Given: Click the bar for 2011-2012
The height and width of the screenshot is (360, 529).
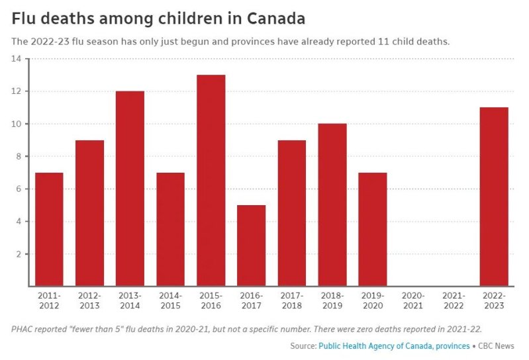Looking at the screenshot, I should [x=49, y=229].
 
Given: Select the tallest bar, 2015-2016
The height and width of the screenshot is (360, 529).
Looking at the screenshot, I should [x=211, y=180].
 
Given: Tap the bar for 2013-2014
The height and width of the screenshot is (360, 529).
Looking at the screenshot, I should [x=130, y=189].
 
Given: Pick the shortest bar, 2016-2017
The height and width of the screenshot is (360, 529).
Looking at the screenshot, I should [x=251, y=246].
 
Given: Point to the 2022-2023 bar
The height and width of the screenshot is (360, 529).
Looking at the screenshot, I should [x=494, y=197].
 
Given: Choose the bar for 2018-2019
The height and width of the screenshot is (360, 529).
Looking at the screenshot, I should [x=332, y=204].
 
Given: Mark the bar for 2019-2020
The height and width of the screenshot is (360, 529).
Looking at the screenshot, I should [x=373, y=229].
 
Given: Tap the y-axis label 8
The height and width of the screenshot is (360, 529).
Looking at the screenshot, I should [x=19, y=156].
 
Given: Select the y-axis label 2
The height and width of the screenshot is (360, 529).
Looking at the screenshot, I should [x=19, y=254].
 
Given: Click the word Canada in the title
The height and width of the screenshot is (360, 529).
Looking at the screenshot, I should [x=273, y=18].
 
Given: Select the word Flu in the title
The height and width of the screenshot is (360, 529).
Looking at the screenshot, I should [x=24, y=18].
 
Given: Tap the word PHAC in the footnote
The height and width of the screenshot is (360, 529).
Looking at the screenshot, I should [x=24, y=329].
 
